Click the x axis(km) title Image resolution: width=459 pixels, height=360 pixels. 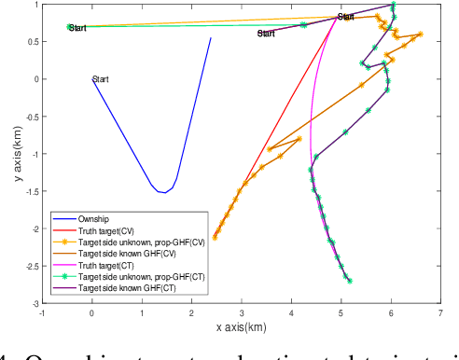coord(241,327)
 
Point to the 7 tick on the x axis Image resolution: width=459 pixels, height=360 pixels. coord(438,312)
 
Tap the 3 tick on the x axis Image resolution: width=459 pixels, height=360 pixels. coord(241,312)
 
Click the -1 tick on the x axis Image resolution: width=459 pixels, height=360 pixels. coord(43,312)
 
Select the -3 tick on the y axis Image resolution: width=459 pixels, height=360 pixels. coord(34,303)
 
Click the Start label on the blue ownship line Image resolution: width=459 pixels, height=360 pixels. coord(100,79)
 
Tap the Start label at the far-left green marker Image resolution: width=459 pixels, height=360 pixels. coord(78,29)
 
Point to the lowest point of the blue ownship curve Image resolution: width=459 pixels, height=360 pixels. coord(163,192)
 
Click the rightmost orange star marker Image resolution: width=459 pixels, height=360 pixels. coord(420,35)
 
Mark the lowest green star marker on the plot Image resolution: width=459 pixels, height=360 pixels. coord(350,280)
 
